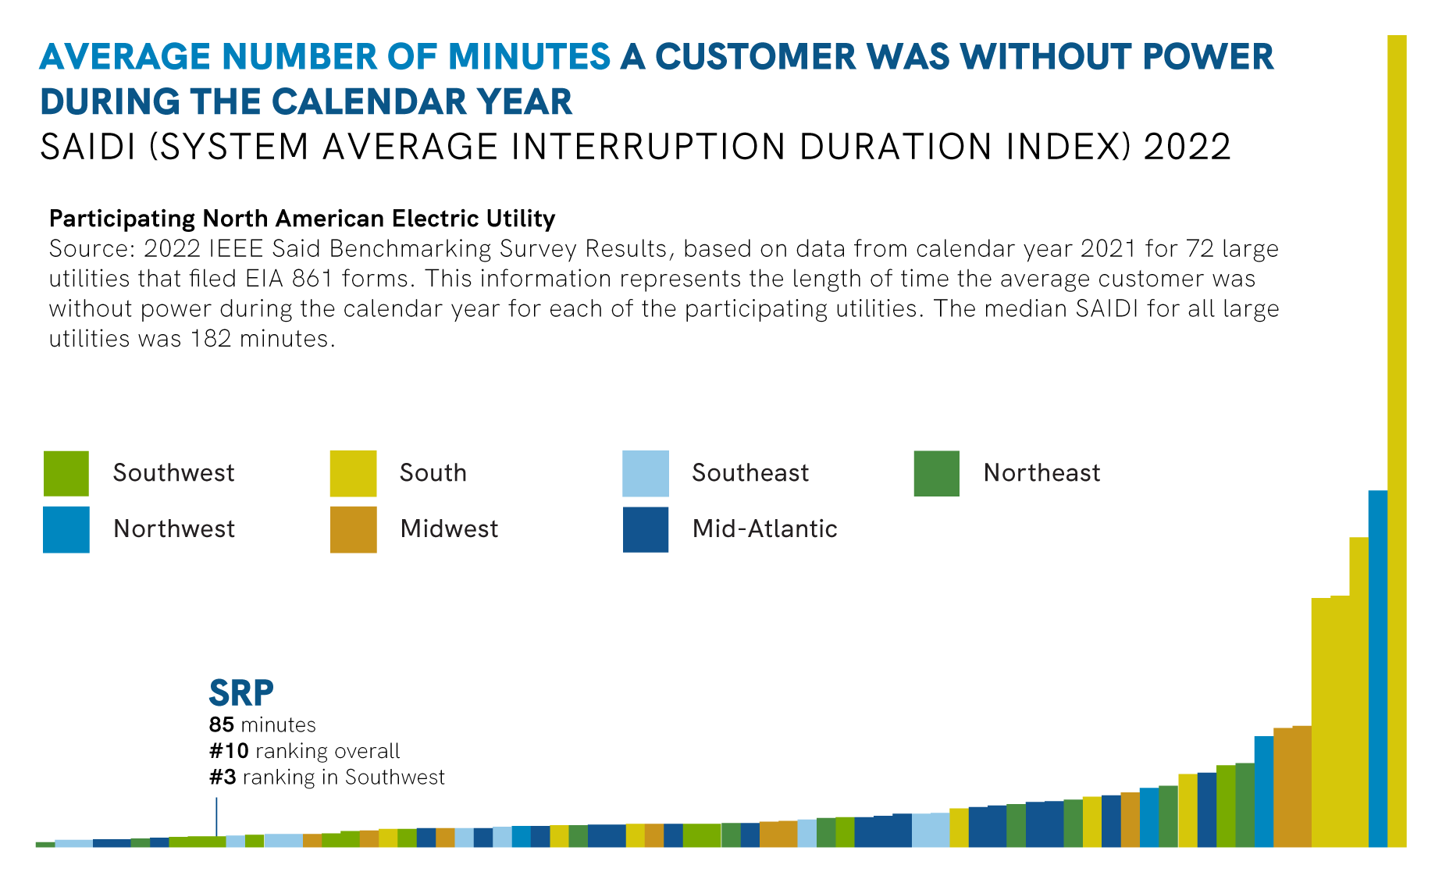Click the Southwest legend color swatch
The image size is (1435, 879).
[x=66, y=473]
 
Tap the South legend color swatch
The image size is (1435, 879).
[x=353, y=473]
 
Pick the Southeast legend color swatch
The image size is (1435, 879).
[x=646, y=473]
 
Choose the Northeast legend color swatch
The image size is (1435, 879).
[x=937, y=473]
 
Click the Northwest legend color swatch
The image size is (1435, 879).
[x=66, y=529]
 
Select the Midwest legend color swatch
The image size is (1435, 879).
[x=353, y=529]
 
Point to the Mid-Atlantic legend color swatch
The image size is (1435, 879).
[x=646, y=529]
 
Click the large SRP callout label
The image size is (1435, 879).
[x=241, y=692]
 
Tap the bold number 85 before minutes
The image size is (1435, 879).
[x=222, y=725]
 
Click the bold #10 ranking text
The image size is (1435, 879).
[x=229, y=751]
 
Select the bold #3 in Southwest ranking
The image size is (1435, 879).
[x=223, y=778]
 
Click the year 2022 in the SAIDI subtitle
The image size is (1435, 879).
[x=1187, y=148]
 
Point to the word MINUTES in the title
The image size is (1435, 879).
[x=529, y=57]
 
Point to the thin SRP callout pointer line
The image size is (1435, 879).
[x=216, y=817]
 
